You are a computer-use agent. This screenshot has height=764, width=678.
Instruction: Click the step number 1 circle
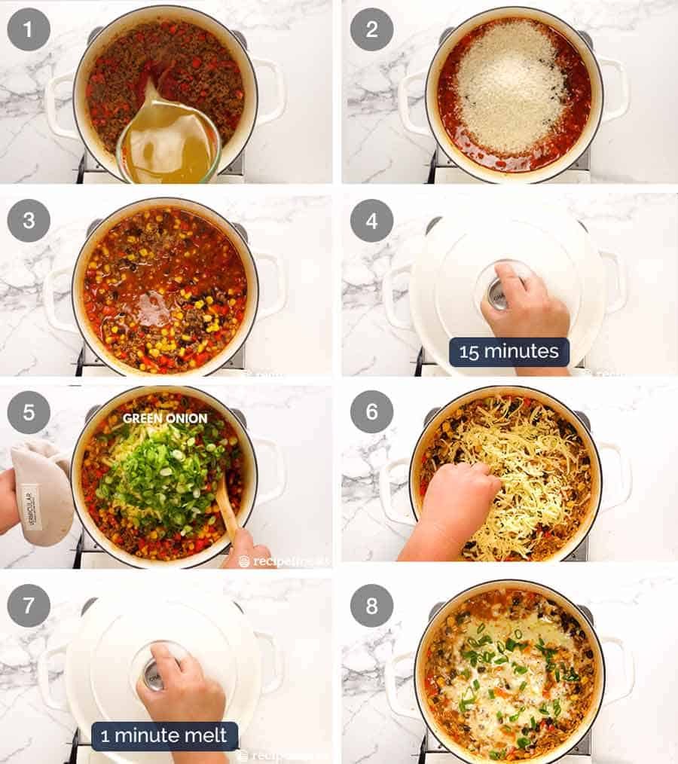[29, 29]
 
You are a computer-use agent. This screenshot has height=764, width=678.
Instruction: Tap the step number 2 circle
[371, 29]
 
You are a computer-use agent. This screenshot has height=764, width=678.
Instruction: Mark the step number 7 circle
[29, 605]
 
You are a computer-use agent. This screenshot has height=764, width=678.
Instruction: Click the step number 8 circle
[371, 605]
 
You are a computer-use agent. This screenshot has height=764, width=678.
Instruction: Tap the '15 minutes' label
[508, 352]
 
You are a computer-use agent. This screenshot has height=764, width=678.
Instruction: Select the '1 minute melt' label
[164, 735]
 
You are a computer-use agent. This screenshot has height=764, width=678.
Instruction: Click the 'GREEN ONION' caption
[165, 417]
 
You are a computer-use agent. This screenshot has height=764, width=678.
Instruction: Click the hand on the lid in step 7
[181, 686]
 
